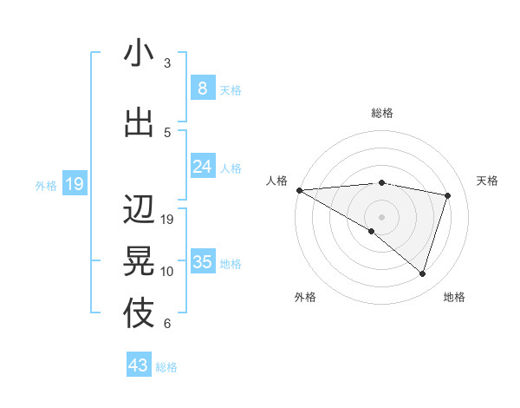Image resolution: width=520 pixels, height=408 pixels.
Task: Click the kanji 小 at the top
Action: click(139, 53)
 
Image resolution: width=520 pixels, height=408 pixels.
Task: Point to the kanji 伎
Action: click(139, 313)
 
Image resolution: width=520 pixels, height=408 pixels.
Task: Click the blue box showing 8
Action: click(202, 88)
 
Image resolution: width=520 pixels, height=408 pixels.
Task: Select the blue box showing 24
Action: click(202, 167)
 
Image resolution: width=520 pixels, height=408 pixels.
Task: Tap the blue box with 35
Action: click(202, 262)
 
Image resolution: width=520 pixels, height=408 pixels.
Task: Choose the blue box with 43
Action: click(139, 365)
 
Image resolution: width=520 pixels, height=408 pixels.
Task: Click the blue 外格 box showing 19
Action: click(75, 184)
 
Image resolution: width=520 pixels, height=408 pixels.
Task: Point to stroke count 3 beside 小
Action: click(167, 63)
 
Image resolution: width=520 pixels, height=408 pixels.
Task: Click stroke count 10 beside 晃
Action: click(167, 272)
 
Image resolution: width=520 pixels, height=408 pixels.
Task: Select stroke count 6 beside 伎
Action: click(167, 324)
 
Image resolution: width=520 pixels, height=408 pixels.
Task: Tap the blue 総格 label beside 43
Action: click(167, 367)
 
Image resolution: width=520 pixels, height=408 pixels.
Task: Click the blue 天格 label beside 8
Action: click(231, 89)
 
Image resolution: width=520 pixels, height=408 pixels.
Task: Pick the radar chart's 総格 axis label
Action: click(381, 113)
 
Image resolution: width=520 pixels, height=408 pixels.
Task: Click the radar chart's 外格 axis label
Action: click(305, 297)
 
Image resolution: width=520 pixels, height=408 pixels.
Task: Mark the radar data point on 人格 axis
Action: click(299, 189)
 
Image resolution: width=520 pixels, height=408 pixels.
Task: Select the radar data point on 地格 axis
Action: click(422, 273)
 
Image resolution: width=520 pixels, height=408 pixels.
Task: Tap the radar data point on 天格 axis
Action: click(447, 195)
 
